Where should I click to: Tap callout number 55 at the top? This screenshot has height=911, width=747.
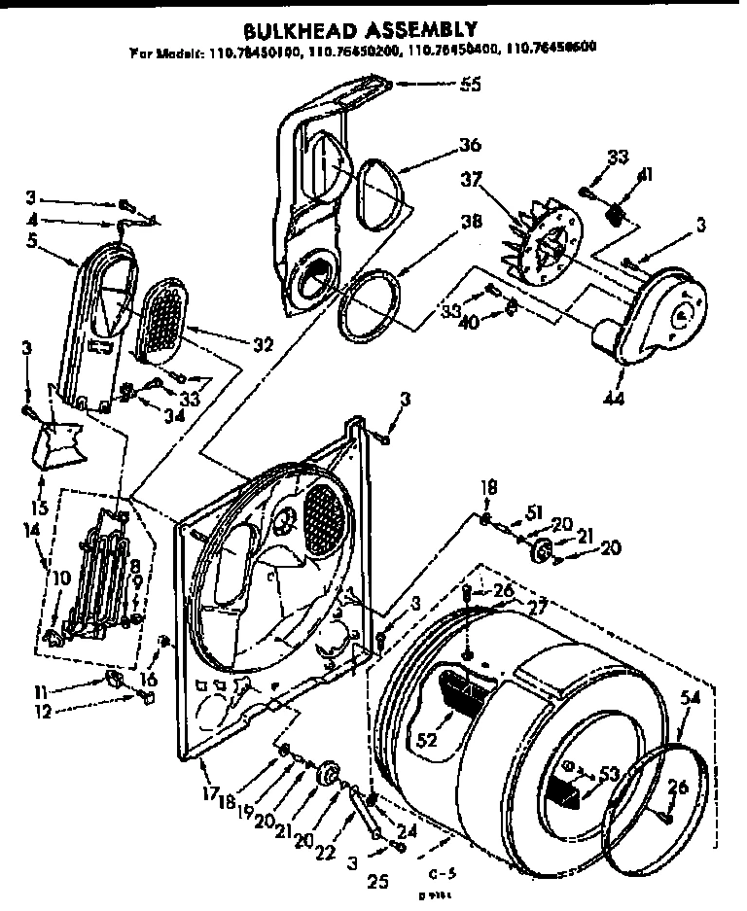point(470,85)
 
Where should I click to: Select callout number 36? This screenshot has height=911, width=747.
point(470,147)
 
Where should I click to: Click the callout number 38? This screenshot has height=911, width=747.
point(470,222)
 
